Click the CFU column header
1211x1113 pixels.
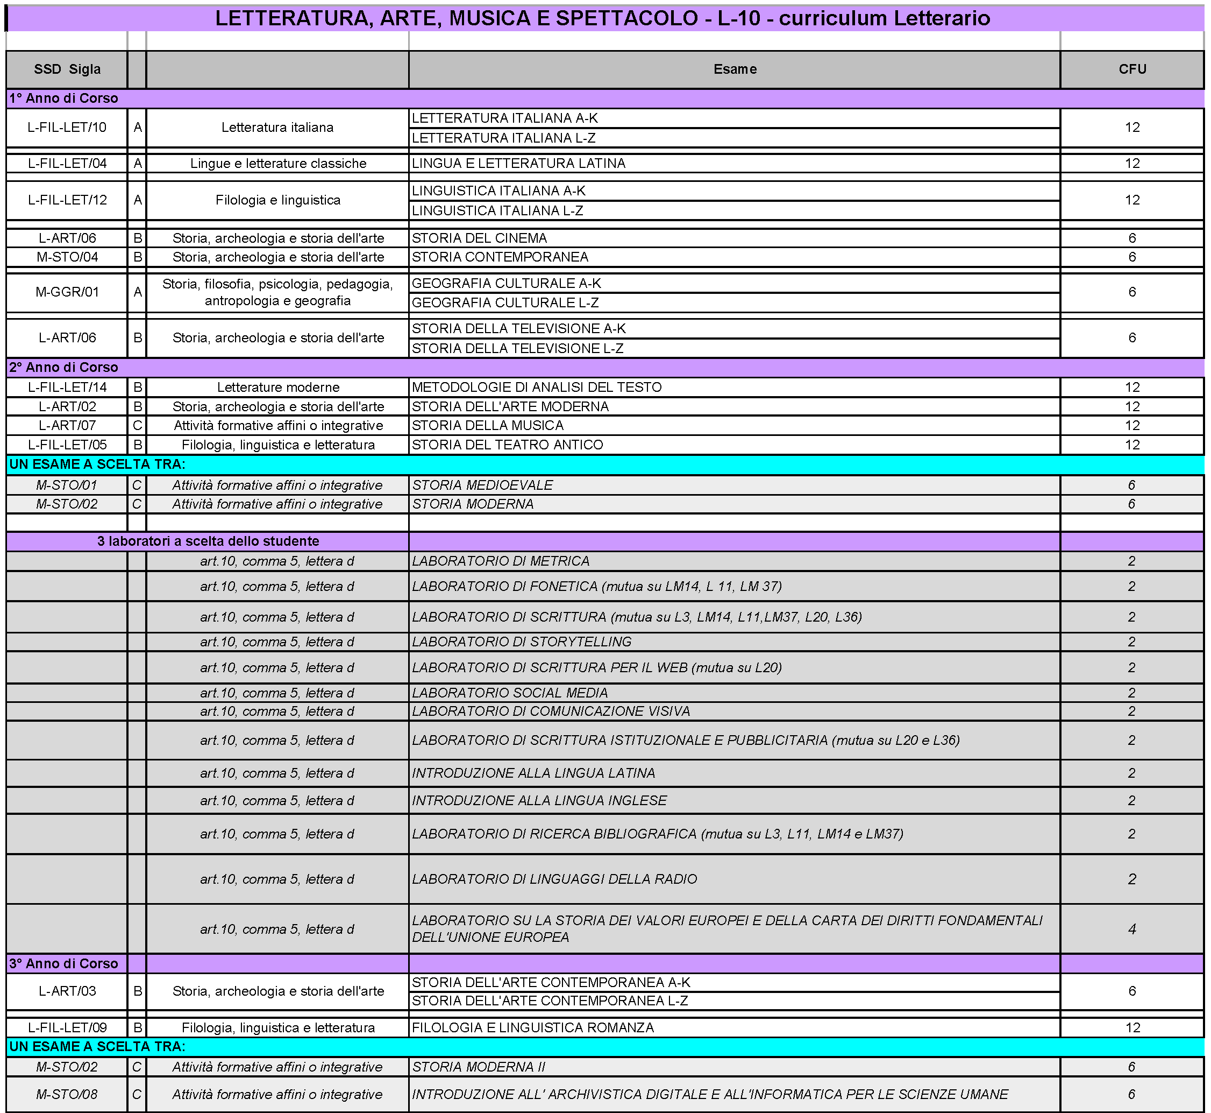[1131, 69]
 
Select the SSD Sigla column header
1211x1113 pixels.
[67, 69]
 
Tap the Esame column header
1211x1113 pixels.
[735, 69]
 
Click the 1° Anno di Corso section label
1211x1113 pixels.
[64, 98]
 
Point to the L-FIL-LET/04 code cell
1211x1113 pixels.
[67, 163]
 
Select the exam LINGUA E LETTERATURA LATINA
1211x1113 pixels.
[518, 163]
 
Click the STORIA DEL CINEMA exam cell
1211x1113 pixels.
[479, 238]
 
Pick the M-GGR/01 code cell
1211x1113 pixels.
[67, 292]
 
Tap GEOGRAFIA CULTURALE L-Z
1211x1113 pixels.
[505, 302]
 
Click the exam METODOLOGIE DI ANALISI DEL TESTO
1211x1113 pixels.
[536, 388]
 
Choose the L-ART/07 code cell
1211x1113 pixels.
[67, 426]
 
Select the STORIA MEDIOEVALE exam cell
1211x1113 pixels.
[482, 485]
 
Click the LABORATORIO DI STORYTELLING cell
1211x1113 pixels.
[521, 642]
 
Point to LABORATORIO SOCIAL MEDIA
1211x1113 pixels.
[510, 693]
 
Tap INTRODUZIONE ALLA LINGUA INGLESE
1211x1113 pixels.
[539, 800]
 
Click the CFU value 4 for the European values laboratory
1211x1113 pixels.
[1131, 929]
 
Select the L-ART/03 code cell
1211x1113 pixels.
[67, 991]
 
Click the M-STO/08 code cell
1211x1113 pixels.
[67, 1094]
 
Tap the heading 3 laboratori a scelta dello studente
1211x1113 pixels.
[208, 541]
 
